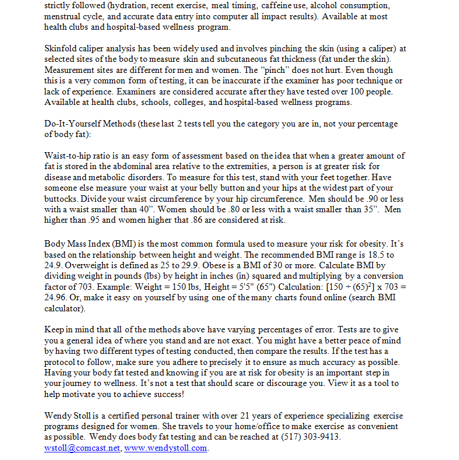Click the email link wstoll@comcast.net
[82, 448]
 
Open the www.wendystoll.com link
[166, 448]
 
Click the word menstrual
[64, 16]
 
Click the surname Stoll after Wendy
[86, 416]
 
